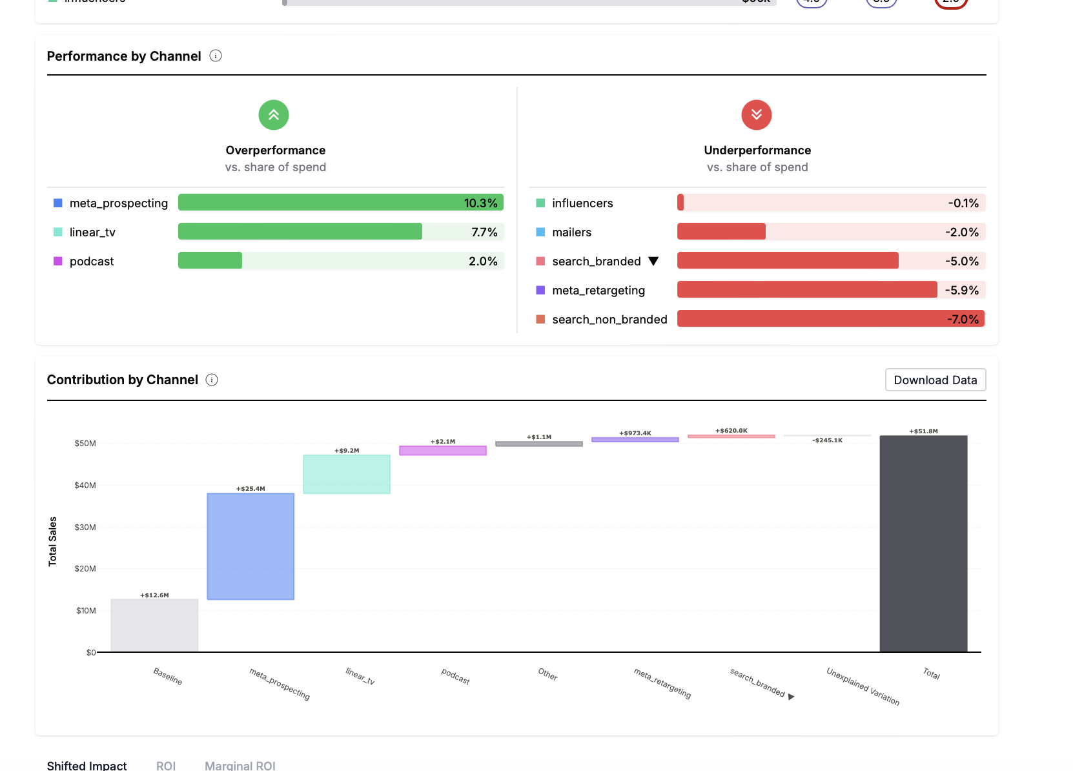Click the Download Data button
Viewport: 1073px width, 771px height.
coord(935,380)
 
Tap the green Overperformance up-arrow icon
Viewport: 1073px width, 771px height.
coord(274,115)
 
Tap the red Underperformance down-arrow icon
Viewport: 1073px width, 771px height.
coord(757,115)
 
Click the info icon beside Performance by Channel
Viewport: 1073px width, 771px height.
coord(216,56)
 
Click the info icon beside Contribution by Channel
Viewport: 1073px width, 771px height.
coord(212,380)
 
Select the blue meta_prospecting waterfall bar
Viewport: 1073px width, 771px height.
coord(250,546)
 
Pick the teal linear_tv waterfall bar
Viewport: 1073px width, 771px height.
coord(347,474)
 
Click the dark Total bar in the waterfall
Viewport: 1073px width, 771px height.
coord(923,544)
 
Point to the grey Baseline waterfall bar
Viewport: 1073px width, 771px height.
coord(154,625)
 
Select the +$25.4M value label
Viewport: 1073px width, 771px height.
coord(250,489)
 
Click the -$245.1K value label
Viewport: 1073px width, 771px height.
coord(827,440)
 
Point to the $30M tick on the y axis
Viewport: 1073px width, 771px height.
coord(85,528)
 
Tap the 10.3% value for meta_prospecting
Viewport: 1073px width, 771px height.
coord(480,203)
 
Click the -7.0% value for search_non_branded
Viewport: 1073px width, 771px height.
coord(963,319)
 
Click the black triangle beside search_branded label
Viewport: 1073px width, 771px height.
coord(653,261)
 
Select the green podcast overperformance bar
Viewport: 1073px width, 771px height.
coord(210,261)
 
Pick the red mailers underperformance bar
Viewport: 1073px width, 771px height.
coord(721,232)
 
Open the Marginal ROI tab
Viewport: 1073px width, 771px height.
coord(240,765)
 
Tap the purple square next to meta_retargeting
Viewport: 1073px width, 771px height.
coord(540,290)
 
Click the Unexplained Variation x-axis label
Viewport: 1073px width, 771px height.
coord(863,686)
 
